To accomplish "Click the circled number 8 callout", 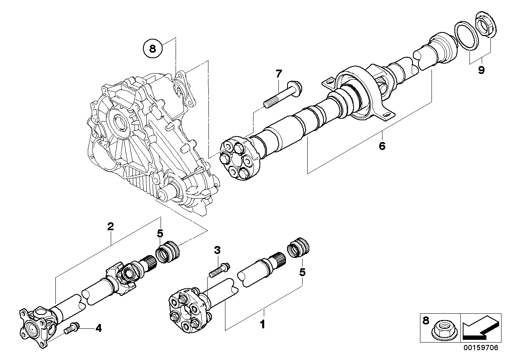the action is tap(153, 49).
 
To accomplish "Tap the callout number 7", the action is tap(278, 74).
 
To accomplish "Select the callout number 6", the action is tap(382, 146).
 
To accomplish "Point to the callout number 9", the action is tap(481, 70).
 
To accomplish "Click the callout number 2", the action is tap(110, 226).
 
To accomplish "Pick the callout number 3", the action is tap(217, 250).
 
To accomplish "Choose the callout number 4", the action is tap(98, 328).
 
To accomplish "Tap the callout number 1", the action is tap(263, 324).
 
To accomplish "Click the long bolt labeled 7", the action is tap(283, 95).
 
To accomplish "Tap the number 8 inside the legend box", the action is tap(426, 321).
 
